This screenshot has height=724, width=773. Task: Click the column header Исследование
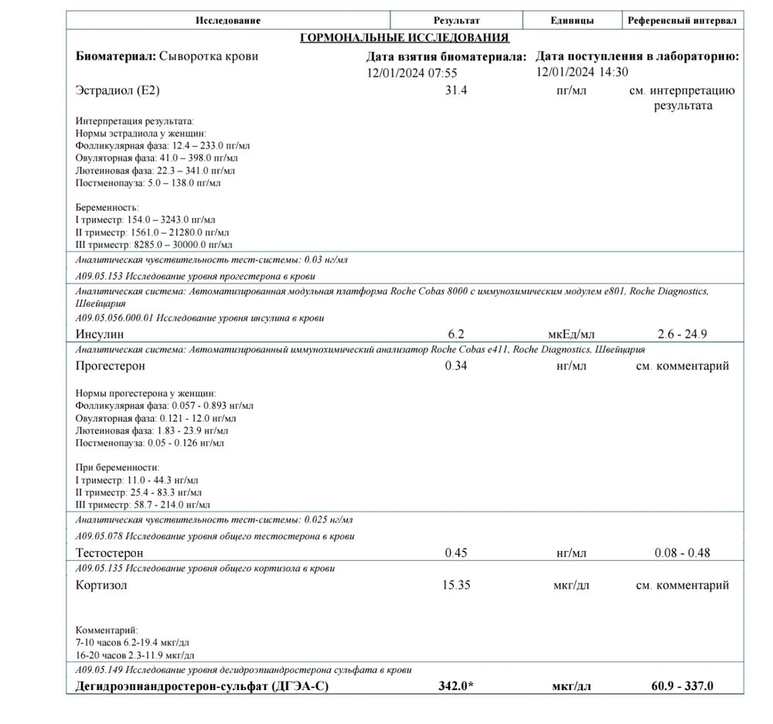coord(228,20)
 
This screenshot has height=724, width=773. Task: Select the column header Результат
coord(456,20)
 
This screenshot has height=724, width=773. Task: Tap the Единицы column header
coord(572,20)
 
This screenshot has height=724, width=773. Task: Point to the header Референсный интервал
coord(682,20)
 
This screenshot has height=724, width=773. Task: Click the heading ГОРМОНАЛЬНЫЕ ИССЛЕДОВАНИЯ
coord(404,37)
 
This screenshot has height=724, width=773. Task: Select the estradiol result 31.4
coord(456,90)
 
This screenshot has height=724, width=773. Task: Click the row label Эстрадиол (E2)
coord(118,90)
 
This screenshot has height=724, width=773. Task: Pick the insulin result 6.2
coord(456,334)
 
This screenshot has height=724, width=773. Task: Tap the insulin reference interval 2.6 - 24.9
coord(682,334)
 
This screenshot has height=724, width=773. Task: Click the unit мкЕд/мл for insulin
coord(571,334)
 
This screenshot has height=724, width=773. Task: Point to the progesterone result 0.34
coord(456,365)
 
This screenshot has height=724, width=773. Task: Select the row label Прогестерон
coord(111,365)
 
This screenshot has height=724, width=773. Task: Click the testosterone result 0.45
coord(456,552)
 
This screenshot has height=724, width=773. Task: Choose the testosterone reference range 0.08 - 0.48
coord(682,552)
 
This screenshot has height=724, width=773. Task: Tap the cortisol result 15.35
coord(456,585)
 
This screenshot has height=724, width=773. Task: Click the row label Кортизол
coord(102,585)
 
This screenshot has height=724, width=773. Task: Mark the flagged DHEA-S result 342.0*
coord(456,686)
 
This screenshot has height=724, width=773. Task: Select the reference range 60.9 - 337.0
coord(682,686)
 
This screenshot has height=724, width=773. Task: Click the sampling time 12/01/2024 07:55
coord(412,73)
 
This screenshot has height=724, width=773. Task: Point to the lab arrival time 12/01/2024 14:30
coord(582,72)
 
